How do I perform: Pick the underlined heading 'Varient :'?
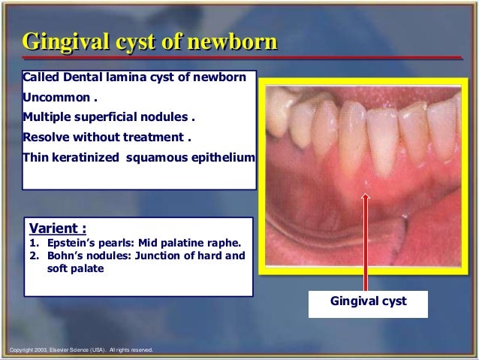[x=59, y=227]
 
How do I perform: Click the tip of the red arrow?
[x=366, y=195]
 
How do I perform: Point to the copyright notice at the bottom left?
[x=79, y=349]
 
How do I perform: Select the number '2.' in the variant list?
[x=35, y=256]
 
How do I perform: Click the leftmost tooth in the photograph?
[x=279, y=113]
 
